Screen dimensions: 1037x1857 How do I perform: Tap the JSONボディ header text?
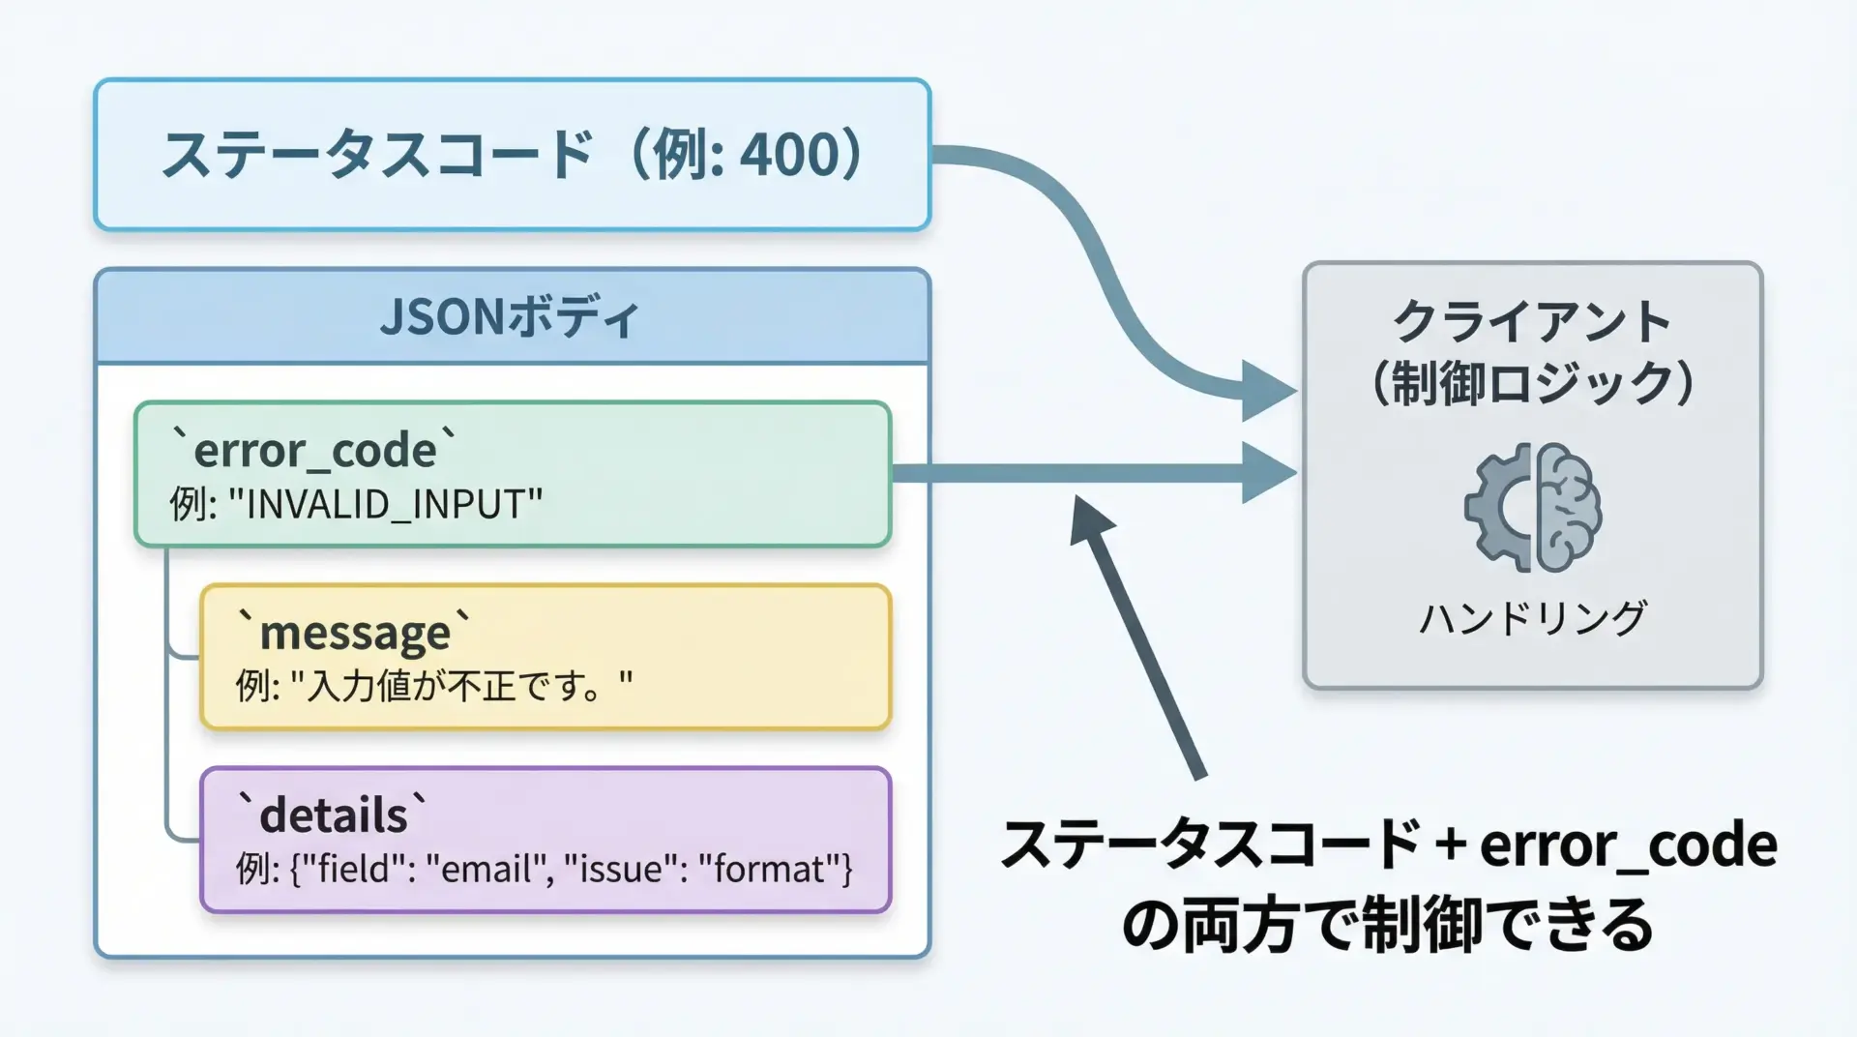coord(510,317)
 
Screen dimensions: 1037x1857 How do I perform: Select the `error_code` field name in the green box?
coord(314,450)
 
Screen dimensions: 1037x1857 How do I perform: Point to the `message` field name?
coord(355,633)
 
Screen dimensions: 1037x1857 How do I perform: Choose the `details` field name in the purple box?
coord(333,815)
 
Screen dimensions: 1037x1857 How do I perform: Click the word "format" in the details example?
coord(770,869)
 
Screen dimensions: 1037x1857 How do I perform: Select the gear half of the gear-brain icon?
coord(1498,507)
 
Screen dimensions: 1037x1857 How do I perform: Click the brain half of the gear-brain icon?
coord(1569,507)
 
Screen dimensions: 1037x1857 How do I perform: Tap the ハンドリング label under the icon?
coord(1533,618)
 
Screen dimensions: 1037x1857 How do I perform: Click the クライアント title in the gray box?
coord(1532,321)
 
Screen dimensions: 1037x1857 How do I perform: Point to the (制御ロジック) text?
coord(1532,383)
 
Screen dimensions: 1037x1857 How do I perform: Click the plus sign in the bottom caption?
coord(1450,844)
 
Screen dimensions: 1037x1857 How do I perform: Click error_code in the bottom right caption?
coord(1629,844)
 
